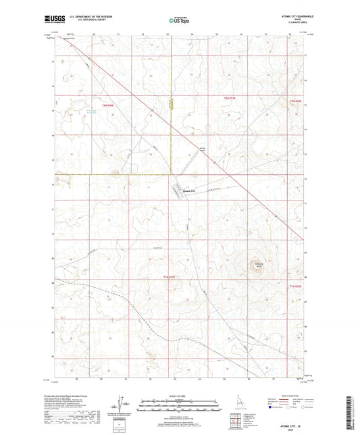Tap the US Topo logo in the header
[177, 21]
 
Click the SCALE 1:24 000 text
[178, 395]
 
